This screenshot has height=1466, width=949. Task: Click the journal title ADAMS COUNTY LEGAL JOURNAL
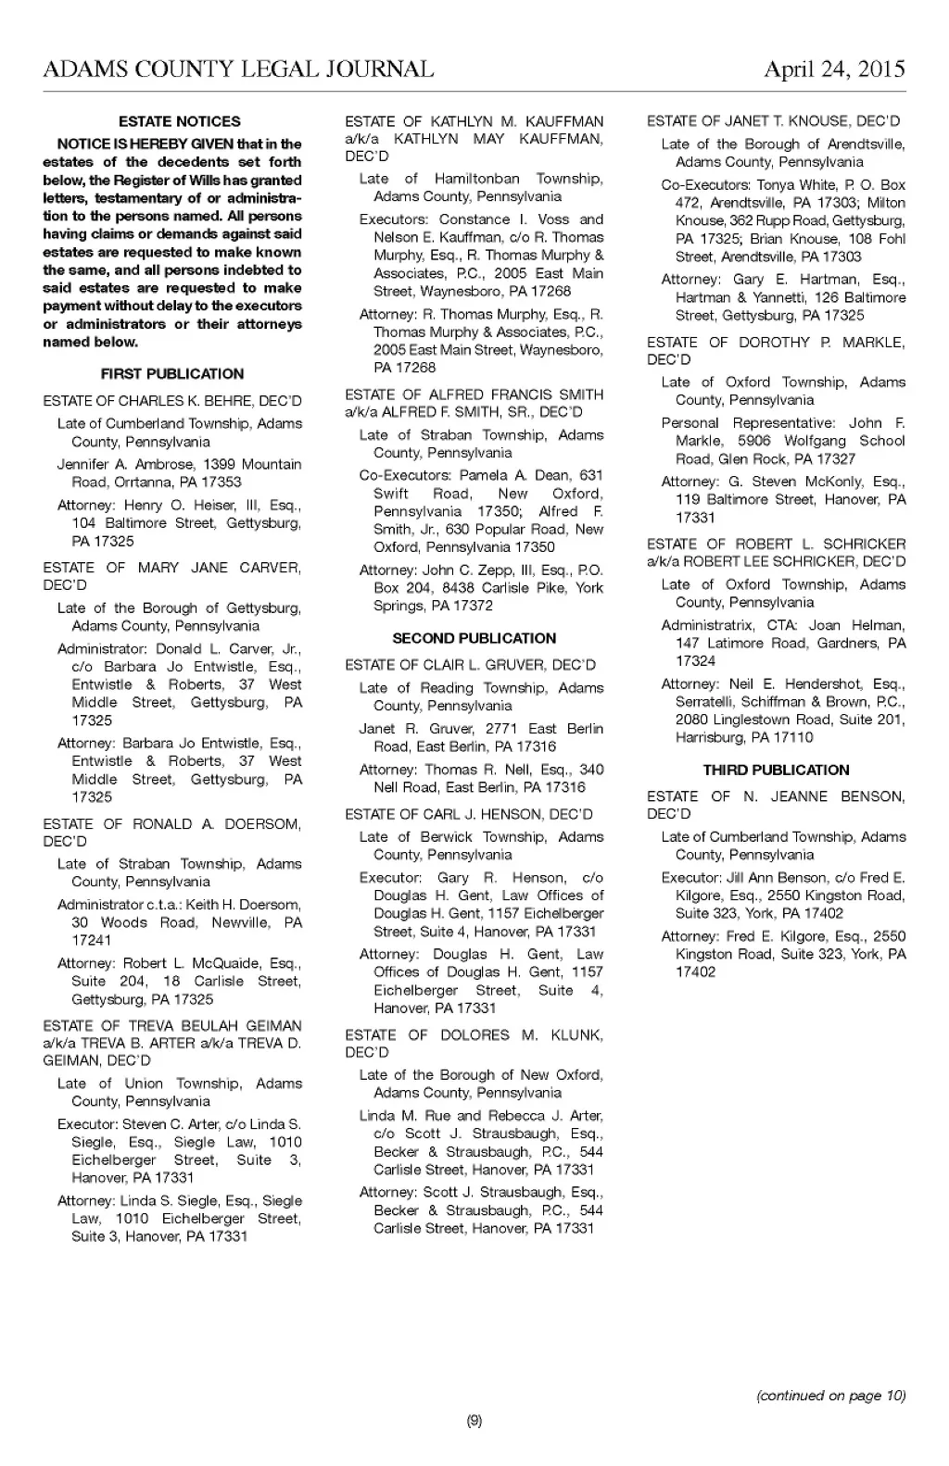(238, 69)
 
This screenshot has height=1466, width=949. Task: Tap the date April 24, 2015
(834, 69)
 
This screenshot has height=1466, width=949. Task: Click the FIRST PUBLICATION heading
(172, 374)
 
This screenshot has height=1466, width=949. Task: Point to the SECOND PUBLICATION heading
(474, 638)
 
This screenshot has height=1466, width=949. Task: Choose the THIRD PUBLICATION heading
(776, 770)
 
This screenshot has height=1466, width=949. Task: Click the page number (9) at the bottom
(474, 1422)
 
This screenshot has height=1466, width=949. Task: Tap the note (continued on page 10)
(830, 1396)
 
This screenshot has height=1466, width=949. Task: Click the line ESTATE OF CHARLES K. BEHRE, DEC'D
(172, 401)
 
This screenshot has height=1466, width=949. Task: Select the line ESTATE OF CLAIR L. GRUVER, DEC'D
(471, 665)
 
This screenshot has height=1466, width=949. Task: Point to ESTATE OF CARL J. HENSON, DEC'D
(469, 814)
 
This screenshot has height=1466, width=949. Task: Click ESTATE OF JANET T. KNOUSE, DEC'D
(773, 121)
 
